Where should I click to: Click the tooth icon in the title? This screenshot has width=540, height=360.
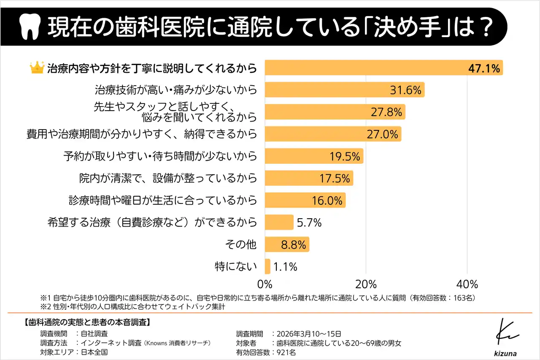(x=30, y=27)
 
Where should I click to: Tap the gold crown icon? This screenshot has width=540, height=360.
(x=38, y=68)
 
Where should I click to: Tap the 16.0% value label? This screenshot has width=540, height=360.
(x=327, y=200)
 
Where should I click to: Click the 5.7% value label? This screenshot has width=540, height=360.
(x=309, y=222)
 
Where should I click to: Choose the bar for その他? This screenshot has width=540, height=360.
(x=287, y=244)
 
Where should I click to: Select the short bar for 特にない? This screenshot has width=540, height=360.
(x=267, y=266)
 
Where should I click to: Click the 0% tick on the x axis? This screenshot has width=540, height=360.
(x=265, y=283)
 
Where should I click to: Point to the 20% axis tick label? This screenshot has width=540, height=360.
(x=366, y=283)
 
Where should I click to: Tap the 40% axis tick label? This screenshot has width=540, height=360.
(x=467, y=283)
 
